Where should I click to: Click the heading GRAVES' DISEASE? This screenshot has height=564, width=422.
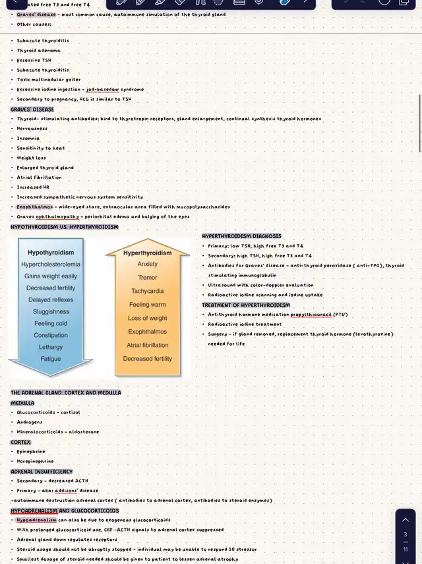coord(32,110)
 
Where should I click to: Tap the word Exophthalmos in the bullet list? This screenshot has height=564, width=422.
coord(35,206)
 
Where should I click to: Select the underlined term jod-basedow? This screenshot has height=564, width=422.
coord(103,89)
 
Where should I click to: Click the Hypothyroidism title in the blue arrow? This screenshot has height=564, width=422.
coord(51,252)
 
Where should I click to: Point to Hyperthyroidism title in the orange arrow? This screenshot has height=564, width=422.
coord(147,253)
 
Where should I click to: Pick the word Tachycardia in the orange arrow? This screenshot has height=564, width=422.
coord(148,291)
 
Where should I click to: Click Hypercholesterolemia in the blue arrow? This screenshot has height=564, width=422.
coord(51,265)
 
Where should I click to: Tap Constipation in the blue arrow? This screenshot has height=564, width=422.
coord(51,335)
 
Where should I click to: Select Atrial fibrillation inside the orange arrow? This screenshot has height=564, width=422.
coord(148,345)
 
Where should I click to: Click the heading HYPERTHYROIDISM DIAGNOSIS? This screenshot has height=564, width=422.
coord(241,236)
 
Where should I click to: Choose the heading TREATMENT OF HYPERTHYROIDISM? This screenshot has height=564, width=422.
coord(246,305)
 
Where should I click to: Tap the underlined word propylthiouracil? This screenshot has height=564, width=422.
coord(311,315)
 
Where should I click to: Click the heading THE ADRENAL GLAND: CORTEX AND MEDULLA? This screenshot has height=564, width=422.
coord(65,392)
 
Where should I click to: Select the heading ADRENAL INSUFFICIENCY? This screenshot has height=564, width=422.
coord(42,472)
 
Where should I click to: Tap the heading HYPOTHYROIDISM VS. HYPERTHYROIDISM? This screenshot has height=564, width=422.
coord(65,227)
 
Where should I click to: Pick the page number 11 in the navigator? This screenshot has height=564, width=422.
coord(406,549)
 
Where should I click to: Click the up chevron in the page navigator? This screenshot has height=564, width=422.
coord(406,520)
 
